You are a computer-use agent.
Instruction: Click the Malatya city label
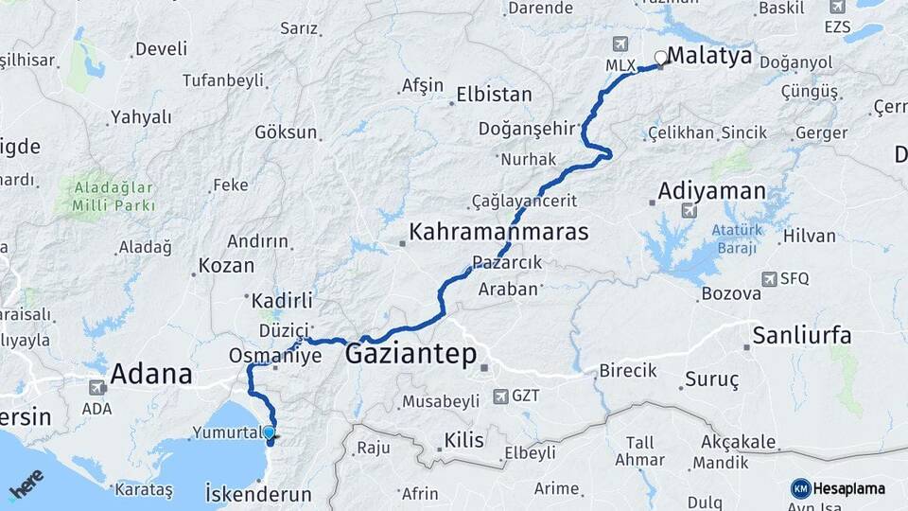tap(709, 57)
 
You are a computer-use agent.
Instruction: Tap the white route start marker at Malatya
tap(660, 58)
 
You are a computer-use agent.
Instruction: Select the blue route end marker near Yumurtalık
tap(270, 432)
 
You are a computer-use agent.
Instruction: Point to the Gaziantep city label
tap(412, 355)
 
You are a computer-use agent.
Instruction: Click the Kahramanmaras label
tap(498, 232)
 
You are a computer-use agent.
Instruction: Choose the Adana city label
tap(151, 374)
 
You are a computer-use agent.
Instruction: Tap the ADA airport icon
tap(97, 388)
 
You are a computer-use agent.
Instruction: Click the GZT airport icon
tap(500, 396)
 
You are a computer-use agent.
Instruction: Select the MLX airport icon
tap(620, 44)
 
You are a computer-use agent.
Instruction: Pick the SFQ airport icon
tap(768, 279)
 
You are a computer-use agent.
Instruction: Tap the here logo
tap(26, 485)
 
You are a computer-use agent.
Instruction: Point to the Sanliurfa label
tap(802, 336)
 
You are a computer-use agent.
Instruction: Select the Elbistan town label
tap(494, 96)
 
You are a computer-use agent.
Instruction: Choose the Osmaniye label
tap(275, 356)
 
